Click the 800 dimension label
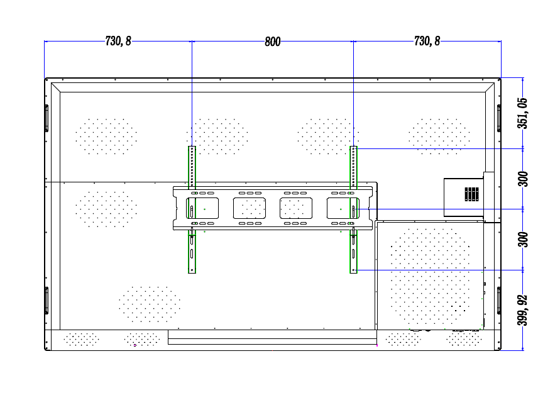pyautogui.click(x=273, y=42)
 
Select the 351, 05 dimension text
pyautogui.click(x=523, y=113)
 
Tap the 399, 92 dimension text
pyautogui.click(x=523, y=310)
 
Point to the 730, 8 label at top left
pyautogui.click(x=118, y=41)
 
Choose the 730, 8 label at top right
pyautogui.click(x=427, y=41)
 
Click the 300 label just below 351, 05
pyautogui.click(x=523, y=179)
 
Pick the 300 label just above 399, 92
pyautogui.click(x=523, y=240)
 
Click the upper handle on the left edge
pyautogui.click(x=47, y=118)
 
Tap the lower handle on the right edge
pyautogui.click(x=499, y=300)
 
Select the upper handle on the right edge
pyautogui.click(x=499, y=118)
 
